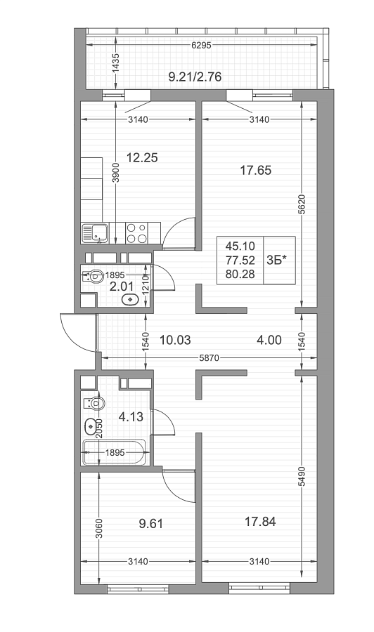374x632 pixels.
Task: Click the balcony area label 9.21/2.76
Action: click(195, 76)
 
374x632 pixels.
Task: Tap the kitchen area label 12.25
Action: click(142, 157)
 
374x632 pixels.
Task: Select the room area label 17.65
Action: click(256, 170)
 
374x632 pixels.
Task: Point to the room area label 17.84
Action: click(260, 522)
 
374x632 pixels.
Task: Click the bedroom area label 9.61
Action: click(151, 524)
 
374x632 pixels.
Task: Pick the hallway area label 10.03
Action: click(175, 340)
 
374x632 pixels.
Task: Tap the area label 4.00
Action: click(269, 340)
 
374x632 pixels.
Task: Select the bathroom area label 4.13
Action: click(131, 416)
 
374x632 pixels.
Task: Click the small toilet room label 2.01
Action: click(122, 287)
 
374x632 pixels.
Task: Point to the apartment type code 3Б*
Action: click(277, 261)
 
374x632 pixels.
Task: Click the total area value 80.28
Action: click(240, 275)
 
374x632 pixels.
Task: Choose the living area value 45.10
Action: click(240, 246)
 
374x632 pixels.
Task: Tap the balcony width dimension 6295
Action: click(201, 46)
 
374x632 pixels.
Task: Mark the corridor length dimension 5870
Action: click(209, 358)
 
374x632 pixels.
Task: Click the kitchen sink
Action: click(95, 233)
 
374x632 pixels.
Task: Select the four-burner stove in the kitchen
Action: click(136, 233)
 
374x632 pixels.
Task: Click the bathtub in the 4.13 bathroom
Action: click(114, 452)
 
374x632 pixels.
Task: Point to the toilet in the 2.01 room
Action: click(93, 277)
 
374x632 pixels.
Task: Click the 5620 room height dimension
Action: click(302, 204)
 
